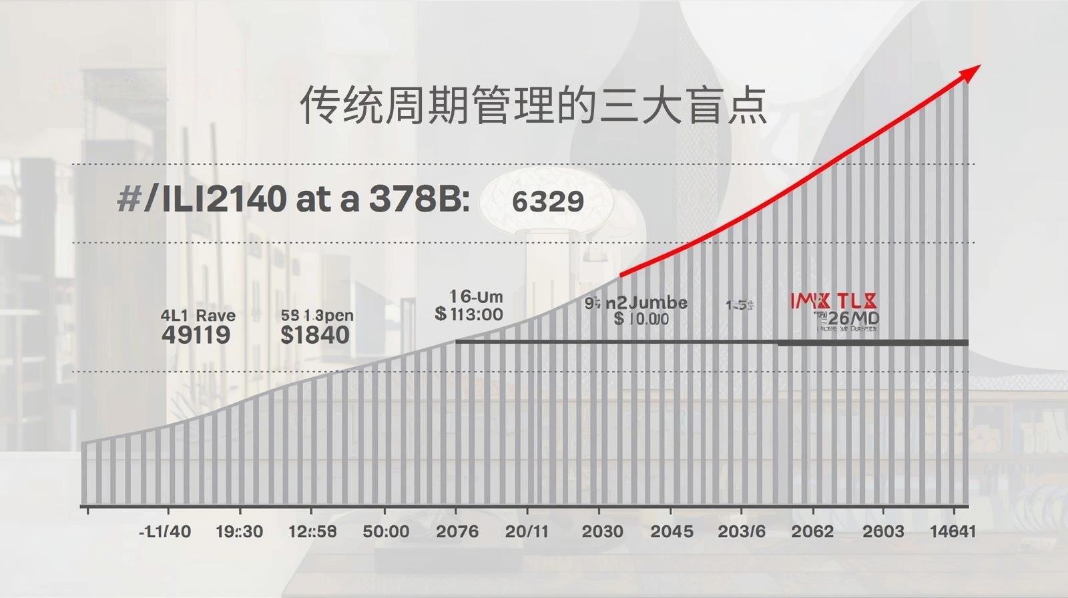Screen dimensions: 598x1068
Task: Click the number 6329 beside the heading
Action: (x=547, y=201)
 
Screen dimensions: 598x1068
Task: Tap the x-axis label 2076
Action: (x=457, y=531)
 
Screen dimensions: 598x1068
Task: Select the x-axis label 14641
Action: (x=953, y=531)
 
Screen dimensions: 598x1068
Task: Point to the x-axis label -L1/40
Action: (x=165, y=531)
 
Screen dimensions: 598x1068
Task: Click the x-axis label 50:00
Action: (x=386, y=531)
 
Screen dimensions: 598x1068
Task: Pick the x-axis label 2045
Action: (x=672, y=531)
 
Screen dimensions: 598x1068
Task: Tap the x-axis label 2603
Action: (x=882, y=531)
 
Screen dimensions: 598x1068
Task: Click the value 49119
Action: (x=196, y=334)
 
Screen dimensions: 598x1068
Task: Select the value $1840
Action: (x=314, y=334)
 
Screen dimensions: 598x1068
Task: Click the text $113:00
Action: (x=469, y=314)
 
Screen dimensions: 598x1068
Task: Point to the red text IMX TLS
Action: (x=834, y=301)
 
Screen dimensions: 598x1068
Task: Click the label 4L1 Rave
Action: (x=198, y=315)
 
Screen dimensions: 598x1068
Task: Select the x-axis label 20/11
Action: (x=527, y=531)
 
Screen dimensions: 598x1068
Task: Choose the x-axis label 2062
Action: (x=812, y=531)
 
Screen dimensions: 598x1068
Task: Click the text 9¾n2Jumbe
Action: (x=635, y=303)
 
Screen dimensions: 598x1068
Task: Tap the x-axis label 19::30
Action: (x=239, y=531)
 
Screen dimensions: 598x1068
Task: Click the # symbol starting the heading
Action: (x=128, y=198)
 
